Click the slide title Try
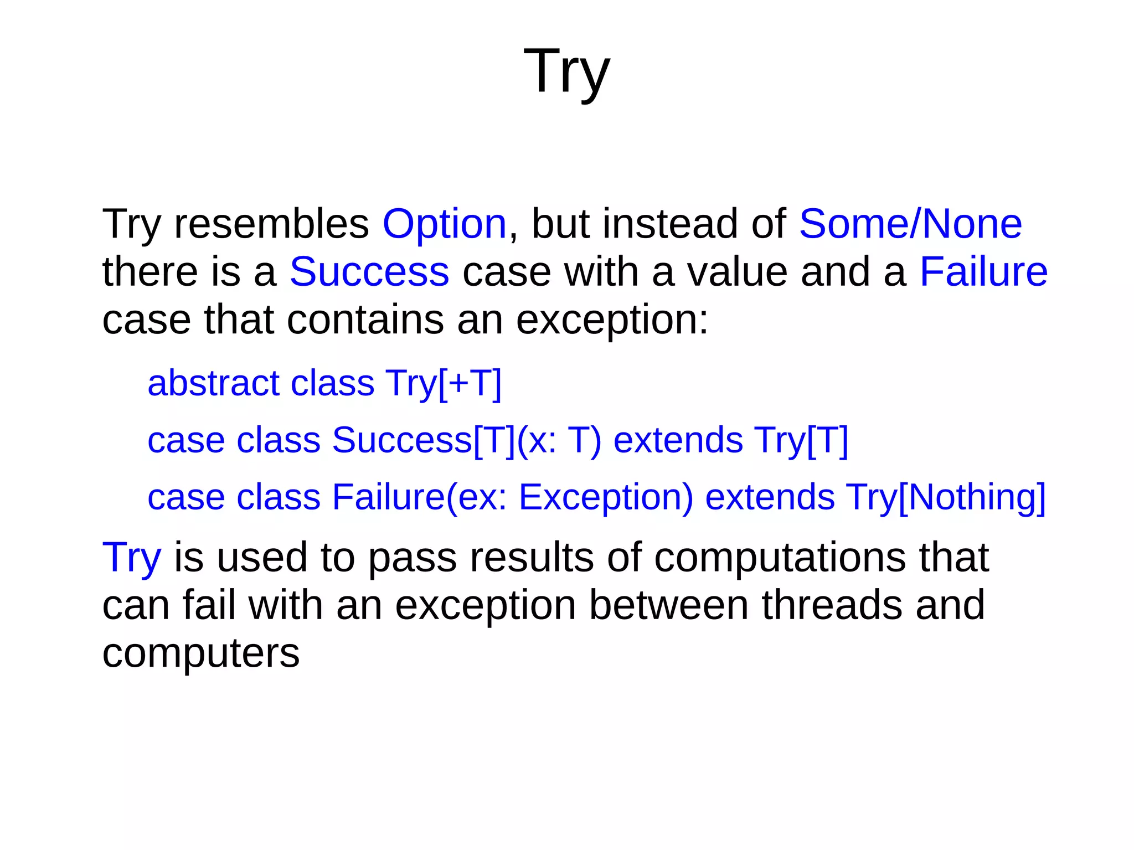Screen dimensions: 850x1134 (566, 72)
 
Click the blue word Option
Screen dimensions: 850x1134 (444, 224)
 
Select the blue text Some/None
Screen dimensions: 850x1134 (910, 224)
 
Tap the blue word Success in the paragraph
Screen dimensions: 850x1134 (369, 272)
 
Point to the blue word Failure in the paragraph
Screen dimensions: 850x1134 (983, 272)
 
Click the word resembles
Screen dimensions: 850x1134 (271, 224)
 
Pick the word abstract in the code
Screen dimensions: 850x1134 (214, 383)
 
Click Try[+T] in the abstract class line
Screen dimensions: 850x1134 (443, 383)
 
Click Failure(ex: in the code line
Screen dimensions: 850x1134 (419, 497)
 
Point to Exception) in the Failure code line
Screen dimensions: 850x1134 (606, 497)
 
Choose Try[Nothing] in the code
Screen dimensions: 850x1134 (946, 497)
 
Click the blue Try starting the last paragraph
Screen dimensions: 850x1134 (132, 557)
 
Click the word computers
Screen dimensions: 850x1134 (201, 653)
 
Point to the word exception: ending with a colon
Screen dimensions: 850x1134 (612, 320)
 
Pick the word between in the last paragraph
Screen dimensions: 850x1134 (669, 605)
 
